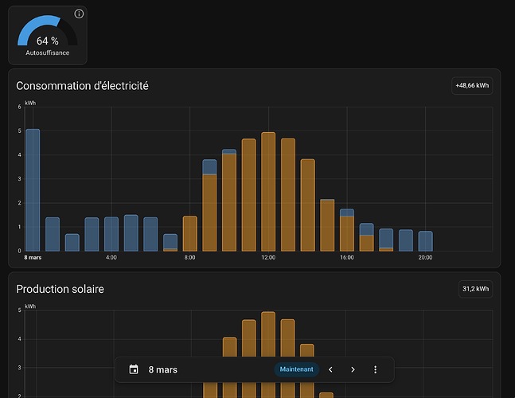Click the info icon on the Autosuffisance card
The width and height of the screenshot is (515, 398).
(x=79, y=14)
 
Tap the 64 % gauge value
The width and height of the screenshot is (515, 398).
(x=48, y=41)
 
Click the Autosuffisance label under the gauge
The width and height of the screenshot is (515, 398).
(x=48, y=53)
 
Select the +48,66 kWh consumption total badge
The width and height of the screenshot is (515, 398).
(x=472, y=86)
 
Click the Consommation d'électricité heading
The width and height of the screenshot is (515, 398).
(x=82, y=86)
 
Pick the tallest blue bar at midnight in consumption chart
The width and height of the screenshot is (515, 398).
(x=33, y=190)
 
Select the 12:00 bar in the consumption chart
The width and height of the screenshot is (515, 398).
(x=268, y=192)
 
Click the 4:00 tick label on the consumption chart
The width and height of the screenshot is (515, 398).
(x=111, y=257)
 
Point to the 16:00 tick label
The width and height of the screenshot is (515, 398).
(x=347, y=257)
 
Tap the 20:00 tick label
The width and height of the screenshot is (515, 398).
(x=425, y=257)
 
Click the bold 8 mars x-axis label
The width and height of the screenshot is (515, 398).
(x=33, y=257)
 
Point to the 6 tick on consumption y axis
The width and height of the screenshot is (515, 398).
(x=19, y=107)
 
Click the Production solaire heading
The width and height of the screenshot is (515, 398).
(x=60, y=289)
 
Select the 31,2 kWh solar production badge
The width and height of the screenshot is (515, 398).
(x=475, y=289)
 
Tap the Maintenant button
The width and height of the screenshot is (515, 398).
(x=296, y=369)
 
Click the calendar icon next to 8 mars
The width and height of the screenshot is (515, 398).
(x=134, y=369)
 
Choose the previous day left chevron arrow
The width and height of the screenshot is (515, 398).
(x=331, y=370)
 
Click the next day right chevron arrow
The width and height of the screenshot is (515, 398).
(x=353, y=370)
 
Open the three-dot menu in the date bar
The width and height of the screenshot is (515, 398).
(x=376, y=370)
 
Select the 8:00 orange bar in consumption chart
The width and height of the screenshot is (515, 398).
(x=189, y=233)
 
